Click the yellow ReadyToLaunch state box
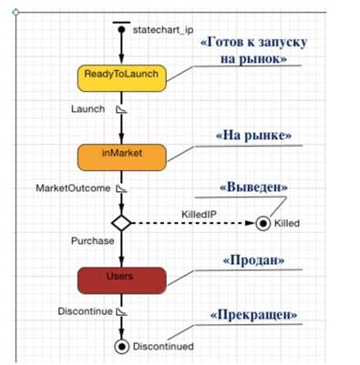tap(122, 78)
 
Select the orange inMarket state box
tap(122, 157)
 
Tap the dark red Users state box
tap(122, 280)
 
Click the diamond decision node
tap(121, 223)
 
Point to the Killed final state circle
tap(263, 224)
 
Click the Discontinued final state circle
tap(122, 346)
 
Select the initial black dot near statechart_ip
tap(121, 30)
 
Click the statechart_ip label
tap(163, 30)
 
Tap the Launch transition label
tap(88, 109)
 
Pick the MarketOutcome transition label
tap(73, 188)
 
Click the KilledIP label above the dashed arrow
tap(199, 215)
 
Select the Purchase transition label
tap(93, 241)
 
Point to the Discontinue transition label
tap(85, 311)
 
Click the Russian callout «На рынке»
tap(253, 136)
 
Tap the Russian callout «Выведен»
tap(253, 187)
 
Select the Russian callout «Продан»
tap(253, 260)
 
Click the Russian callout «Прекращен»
tap(253, 315)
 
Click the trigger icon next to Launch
tap(122, 109)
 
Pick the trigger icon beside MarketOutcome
tap(122, 188)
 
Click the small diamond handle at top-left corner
tap(15, 12)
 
